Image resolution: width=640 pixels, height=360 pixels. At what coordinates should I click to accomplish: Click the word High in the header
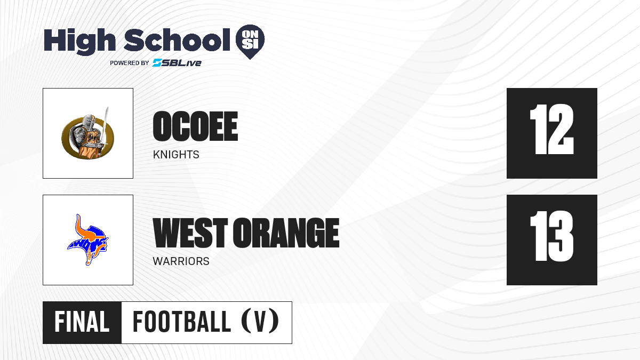coord(79,41)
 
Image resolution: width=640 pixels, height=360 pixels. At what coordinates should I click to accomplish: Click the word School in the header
coord(177,40)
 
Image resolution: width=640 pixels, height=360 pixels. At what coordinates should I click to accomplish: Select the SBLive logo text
coord(177,63)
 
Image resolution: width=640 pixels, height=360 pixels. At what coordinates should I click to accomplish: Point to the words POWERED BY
coord(130,63)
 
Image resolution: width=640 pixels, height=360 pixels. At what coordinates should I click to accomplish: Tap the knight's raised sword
coord(106,126)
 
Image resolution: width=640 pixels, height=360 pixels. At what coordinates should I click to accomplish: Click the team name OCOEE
coord(195,126)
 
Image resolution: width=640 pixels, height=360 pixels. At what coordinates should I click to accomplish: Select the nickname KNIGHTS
coord(176,155)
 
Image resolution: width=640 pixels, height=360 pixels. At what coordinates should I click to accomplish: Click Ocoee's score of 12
coord(551,130)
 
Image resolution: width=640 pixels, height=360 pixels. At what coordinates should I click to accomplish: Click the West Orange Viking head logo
coord(88,239)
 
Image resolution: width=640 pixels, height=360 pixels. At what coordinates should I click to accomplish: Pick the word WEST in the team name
coord(190,233)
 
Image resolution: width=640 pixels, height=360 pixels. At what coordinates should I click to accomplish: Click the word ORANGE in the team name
coord(286,233)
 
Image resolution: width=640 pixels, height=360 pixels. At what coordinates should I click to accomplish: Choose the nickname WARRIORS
coord(181,261)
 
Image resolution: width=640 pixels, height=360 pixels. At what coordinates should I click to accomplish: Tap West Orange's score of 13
coord(551,236)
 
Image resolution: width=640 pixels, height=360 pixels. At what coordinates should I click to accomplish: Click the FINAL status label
coord(82,322)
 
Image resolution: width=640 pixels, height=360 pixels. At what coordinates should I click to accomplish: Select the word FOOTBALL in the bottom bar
coord(182,322)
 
